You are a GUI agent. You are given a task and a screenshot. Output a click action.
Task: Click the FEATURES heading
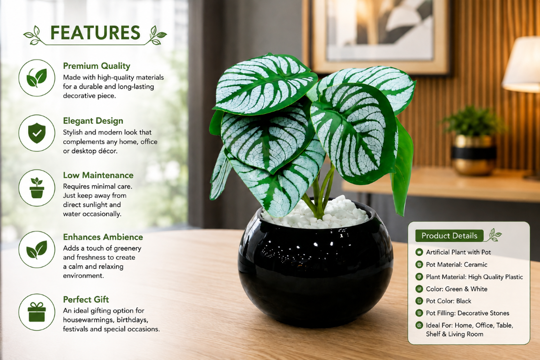pyautogui.click(x=96, y=33)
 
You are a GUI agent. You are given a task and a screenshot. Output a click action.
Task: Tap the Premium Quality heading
pyautogui.click(x=97, y=66)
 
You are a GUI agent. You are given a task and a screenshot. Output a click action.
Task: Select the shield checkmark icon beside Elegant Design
pyautogui.click(x=37, y=133)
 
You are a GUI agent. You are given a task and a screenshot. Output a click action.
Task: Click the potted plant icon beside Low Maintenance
pyautogui.click(x=37, y=188)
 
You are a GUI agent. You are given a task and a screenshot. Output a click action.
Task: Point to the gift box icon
pyautogui.click(x=37, y=312)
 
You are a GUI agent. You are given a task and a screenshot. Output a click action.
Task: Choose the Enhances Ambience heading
pyautogui.click(x=103, y=237)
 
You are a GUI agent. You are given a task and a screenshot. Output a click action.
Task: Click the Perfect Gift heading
pyautogui.click(x=86, y=300)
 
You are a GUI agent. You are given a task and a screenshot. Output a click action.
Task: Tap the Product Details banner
pyautogui.click(x=450, y=236)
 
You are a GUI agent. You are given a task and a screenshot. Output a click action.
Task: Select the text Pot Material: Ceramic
pyautogui.click(x=457, y=264)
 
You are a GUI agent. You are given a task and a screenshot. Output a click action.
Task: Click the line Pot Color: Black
pyautogui.click(x=449, y=301)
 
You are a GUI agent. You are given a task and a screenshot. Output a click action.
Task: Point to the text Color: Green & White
pyautogui.click(x=457, y=289)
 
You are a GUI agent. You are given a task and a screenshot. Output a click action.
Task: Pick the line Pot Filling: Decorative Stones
pyautogui.click(x=467, y=313)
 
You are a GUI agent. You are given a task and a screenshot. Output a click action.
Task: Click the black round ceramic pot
pyautogui.click(x=315, y=269)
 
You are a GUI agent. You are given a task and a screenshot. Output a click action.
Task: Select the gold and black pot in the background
pyautogui.click(x=473, y=155)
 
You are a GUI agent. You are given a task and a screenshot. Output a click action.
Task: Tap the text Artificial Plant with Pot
pyautogui.click(x=458, y=252)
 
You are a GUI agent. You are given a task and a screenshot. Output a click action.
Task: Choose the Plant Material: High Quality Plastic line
pyautogui.click(x=474, y=277)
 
